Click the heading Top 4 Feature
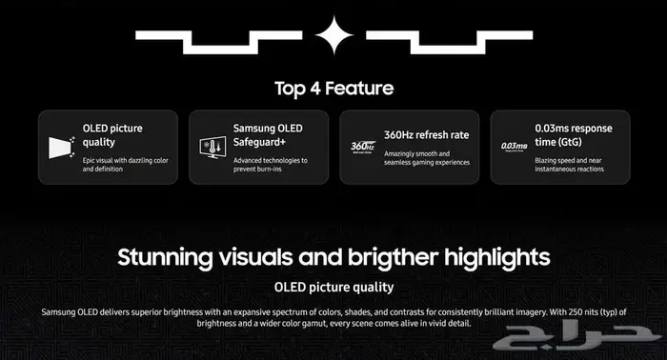pos(333,89)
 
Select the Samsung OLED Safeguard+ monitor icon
pos(210,147)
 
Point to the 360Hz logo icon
pos(361,147)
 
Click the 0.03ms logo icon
pos(513,147)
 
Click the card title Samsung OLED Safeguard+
pos(270,135)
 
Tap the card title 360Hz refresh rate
pos(425,135)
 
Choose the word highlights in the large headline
pos(497,257)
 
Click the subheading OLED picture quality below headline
pos(333,287)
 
